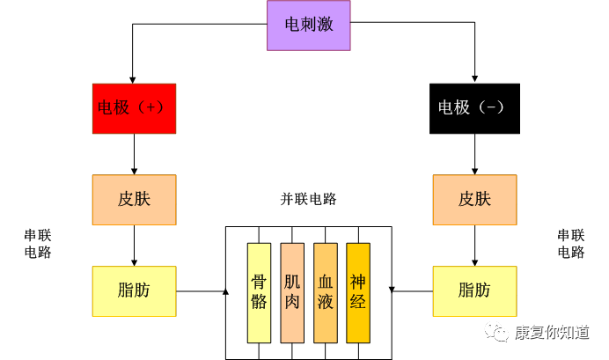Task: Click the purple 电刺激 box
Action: (309, 25)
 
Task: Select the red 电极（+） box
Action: (134, 108)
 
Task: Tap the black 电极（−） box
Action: (474, 108)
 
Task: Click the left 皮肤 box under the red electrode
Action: (134, 199)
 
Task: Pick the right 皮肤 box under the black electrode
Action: (474, 199)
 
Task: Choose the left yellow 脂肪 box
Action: (134, 290)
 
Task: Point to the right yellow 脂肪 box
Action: (474, 290)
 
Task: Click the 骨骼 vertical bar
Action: (259, 292)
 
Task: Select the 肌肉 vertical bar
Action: (292, 292)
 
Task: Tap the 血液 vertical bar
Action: (325, 292)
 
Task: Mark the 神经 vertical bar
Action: (358, 292)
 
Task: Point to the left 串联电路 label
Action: (38, 244)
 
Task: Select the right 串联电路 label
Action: (570, 244)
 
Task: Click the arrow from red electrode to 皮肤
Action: (134, 154)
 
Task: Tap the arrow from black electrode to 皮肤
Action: (474, 154)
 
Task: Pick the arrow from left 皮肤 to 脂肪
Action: (134, 245)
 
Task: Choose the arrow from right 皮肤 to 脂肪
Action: (474, 245)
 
